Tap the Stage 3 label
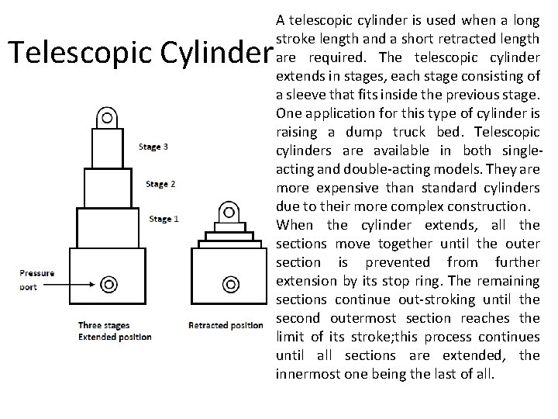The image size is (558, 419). coord(153,146)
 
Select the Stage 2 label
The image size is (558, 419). coord(160,184)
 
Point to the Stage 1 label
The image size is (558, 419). coord(164,220)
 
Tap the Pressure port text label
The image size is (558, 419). coord(36,279)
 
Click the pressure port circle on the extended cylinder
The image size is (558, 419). coord(110,283)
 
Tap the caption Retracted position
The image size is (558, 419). coord(226,325)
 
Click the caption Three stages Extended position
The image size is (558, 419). coord(115,331)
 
